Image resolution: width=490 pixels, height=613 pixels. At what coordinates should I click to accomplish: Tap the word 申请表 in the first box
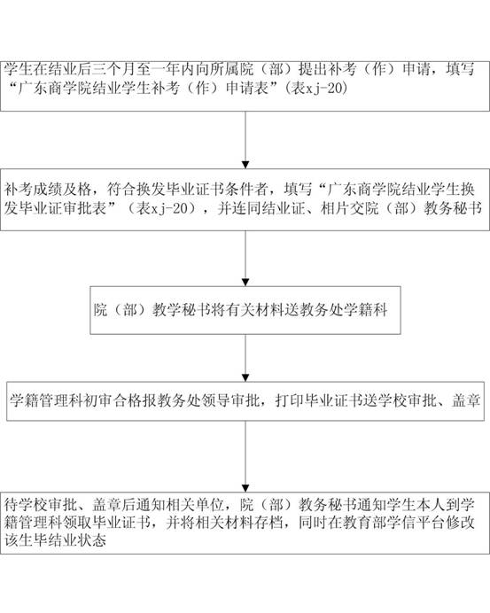pyautogui.click(x=247, y=89)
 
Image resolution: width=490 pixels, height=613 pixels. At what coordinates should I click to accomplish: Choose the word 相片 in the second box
pyautogui.click(x=335, y=208)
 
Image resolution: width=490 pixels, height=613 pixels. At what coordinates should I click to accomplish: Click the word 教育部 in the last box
pyautogui.click(x=364, y=523)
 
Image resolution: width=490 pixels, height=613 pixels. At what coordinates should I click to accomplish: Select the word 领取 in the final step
pyautogui.click(x=92, y=523)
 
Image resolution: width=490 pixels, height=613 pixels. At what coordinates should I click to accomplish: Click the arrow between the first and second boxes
pyautogui.click(x=245, y=140)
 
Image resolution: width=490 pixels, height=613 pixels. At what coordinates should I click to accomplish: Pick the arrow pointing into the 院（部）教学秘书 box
pyautogui.click(x=245, y=259)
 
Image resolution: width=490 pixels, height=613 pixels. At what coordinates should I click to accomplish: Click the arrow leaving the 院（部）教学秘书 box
pyautogui.click(x=245, y=358)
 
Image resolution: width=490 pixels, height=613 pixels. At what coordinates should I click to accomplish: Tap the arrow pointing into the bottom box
pyautogui.click(x=245, y=456)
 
